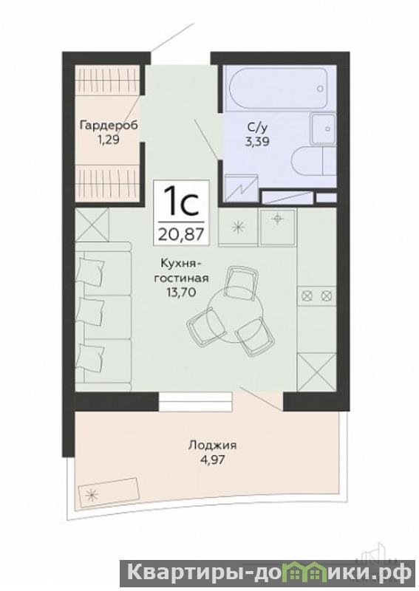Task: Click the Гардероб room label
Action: (x=109, y=125)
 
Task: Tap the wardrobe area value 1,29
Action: (x=109, y=140)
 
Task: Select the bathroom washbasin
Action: (x=323, y=129)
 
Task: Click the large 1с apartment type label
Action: (x=181, y=202)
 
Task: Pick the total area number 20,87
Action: (x=181, y=234)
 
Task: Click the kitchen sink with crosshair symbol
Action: (x=278, y=228)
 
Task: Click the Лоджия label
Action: (x=212, y=446)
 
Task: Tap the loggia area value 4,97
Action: (x=212, y=460)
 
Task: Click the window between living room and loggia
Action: (x=195, y=402)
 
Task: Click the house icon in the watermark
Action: (x=302, y=575)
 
